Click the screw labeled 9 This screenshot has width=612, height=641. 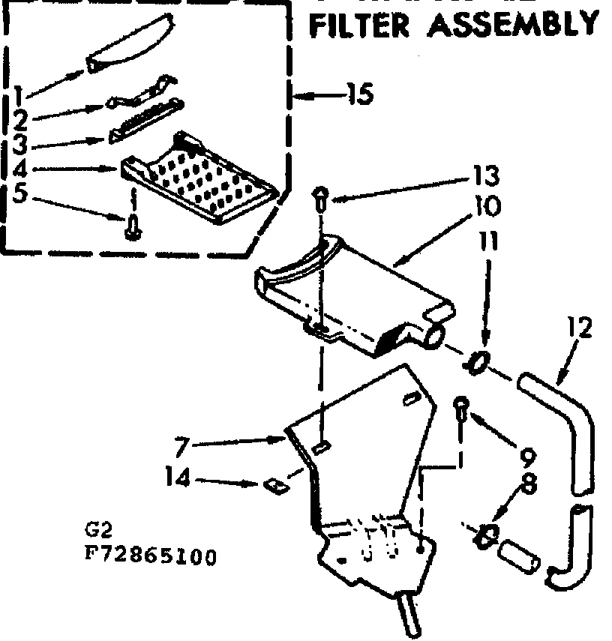(461, 410)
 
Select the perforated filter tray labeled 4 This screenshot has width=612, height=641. (201, 180)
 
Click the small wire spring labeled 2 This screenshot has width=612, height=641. (142, 94)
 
